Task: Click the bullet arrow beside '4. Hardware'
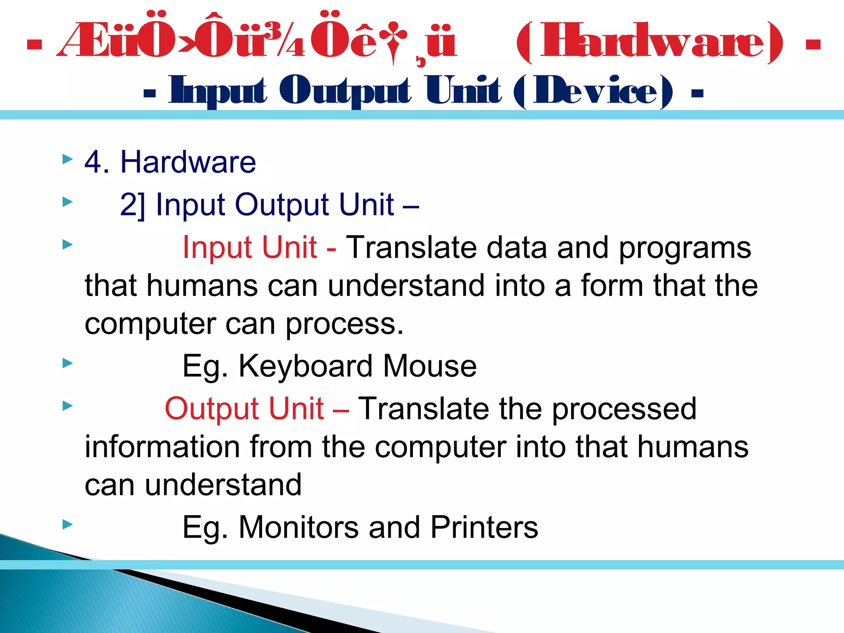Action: point(68,159)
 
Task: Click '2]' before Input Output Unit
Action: point(132,205)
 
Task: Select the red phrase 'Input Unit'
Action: point(249,247)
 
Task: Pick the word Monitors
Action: point(299,527)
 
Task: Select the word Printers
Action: point(484,527)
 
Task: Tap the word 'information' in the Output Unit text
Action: point(162,447)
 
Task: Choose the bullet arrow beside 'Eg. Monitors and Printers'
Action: point(68,525)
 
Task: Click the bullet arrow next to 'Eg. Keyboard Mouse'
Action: point(68,363)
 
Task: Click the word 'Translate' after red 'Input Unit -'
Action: point(411,247)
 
